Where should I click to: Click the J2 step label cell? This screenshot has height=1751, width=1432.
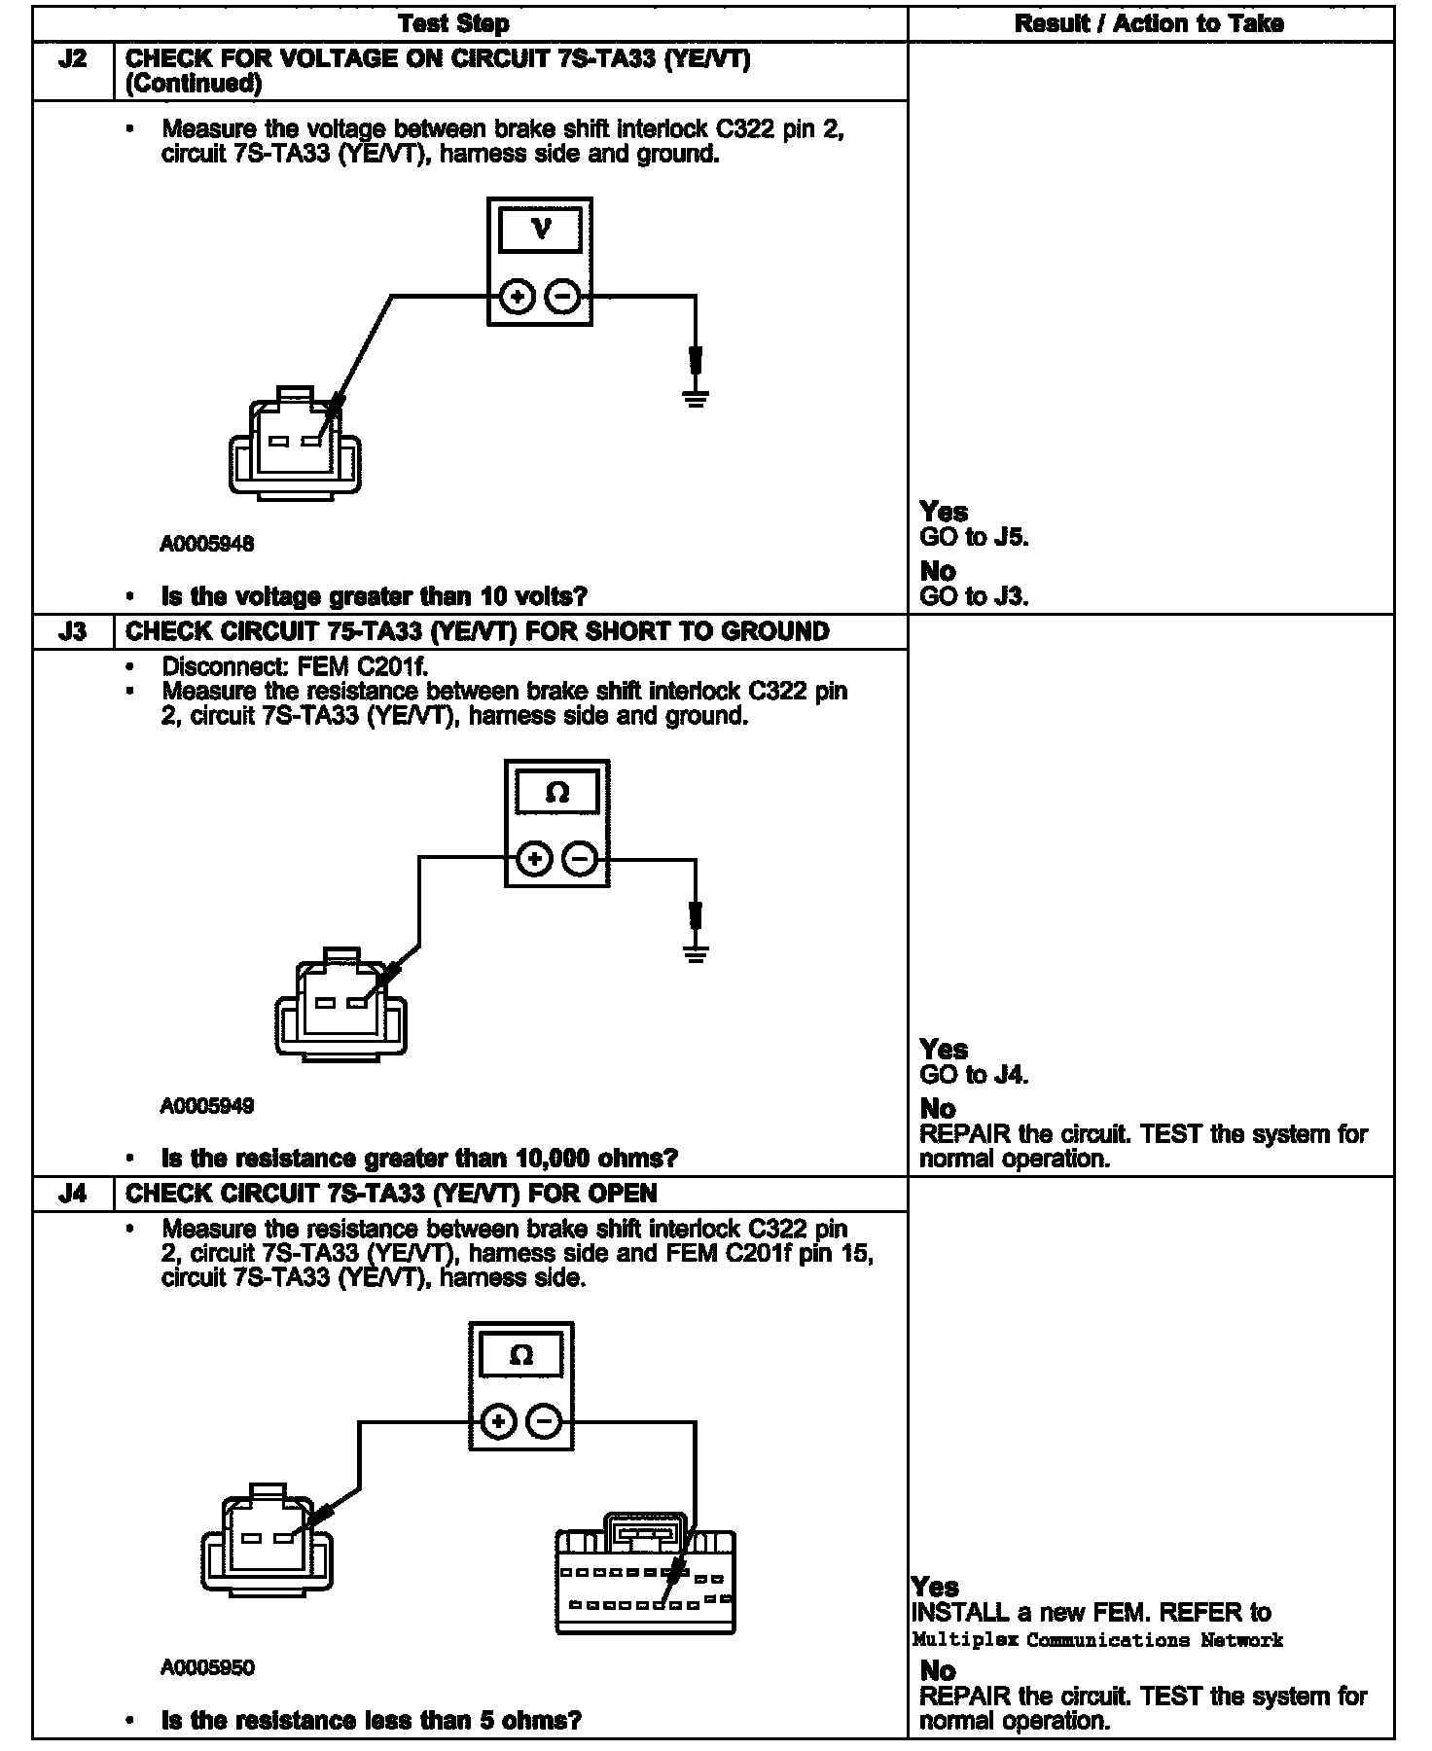(73, 60)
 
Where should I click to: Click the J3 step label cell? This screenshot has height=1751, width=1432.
(73, 632)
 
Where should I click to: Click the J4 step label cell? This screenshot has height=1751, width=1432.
(73, 1194)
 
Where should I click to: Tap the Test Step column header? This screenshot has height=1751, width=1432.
(453, 23)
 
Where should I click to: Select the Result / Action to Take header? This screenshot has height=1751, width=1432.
(1149, 23)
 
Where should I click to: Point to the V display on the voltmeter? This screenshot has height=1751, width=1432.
(540, 231)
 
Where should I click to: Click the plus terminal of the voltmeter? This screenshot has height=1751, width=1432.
(517, 296)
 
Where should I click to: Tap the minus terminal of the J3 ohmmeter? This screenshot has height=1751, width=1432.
(581, 859)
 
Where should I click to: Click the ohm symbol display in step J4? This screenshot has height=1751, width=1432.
(521, 1355)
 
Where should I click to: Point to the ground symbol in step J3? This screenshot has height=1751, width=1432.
(695, 953)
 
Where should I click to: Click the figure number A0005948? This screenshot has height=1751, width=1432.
(206, 545)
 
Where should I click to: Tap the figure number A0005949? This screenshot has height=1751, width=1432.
(206, 1106)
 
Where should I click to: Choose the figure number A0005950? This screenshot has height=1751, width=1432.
(206, 1668)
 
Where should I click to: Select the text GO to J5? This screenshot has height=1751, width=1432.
(973, 537)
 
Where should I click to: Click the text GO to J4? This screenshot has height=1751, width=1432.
(973, 1075)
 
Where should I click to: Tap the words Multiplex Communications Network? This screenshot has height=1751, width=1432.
(1097, 1641)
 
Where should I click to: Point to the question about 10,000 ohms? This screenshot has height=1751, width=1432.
(419, 1159)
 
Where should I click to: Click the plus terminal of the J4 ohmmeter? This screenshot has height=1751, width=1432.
(498, 1422)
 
